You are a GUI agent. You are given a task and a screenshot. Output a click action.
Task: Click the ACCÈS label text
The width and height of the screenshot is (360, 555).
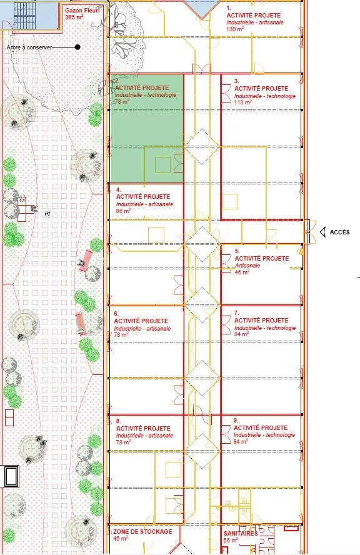point(339,232)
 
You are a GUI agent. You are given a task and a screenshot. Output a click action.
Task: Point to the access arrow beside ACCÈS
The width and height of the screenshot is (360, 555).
point(322,232)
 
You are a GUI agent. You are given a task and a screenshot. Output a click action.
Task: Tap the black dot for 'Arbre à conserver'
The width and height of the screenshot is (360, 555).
point(77,47)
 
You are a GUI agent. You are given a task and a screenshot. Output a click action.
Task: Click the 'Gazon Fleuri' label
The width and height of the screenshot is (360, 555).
point(82,11)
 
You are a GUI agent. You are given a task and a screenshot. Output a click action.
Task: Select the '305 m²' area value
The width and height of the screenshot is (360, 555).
point(74,17)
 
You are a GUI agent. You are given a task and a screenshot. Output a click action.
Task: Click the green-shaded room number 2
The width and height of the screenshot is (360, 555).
point(146,129)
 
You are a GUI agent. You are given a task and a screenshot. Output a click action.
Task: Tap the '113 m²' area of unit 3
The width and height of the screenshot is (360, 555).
point(243,102)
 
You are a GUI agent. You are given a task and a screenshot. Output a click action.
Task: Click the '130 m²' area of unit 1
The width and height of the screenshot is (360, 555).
point(235,29)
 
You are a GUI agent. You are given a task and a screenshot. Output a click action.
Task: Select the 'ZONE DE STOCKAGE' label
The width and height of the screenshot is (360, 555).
point(142,531)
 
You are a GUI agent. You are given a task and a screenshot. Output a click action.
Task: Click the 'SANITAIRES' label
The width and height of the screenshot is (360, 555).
point(241,533)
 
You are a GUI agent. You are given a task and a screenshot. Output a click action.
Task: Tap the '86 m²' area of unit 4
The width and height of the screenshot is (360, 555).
point(124,211)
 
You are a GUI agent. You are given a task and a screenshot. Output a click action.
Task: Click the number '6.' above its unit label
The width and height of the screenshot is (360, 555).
point(116,314)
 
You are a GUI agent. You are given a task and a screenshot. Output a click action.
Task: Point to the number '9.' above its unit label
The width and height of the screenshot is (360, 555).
point(236,421)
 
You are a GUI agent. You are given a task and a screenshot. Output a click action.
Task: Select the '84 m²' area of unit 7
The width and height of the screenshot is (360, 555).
point(242,334)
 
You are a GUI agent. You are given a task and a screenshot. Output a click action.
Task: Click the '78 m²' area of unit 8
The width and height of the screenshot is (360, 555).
point(124,442)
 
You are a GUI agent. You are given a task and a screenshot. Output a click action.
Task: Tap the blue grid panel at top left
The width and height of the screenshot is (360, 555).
point(25,16)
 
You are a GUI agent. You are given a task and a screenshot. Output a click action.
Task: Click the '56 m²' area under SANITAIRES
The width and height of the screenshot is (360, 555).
point(231,541)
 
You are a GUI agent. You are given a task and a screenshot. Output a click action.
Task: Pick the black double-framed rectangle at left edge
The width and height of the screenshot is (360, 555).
point(11,476)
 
